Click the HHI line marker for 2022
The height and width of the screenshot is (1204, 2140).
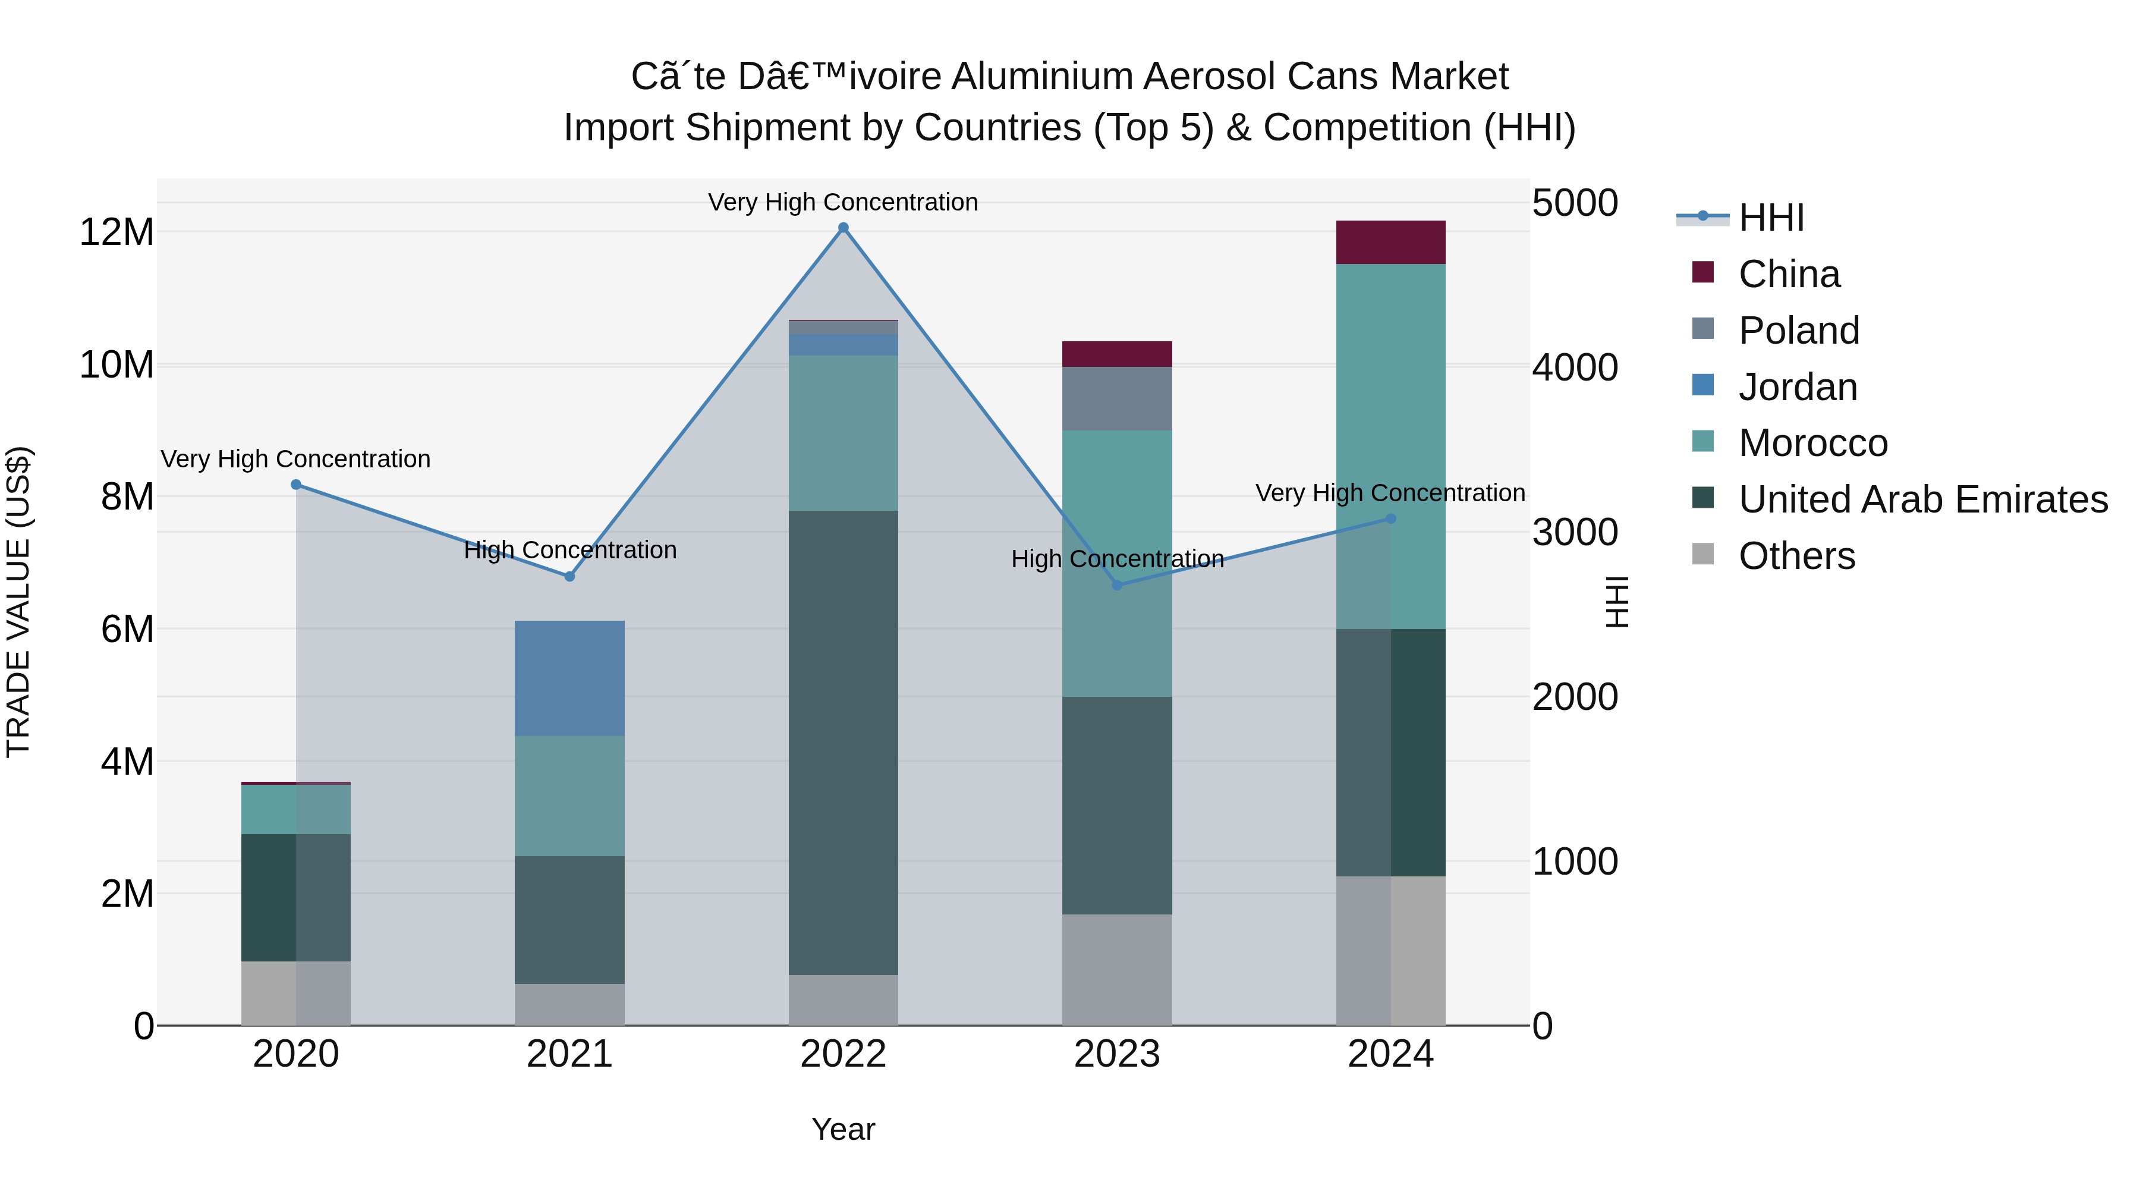[x=843, y=228]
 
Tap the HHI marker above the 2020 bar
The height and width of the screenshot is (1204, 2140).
[x=296, y=485]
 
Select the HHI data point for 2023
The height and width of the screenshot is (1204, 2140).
[x=1116, y=585]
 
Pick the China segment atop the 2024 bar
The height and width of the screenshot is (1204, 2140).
[x=1390, y=243]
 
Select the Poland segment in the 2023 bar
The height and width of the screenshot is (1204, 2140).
[x=1116, y=399]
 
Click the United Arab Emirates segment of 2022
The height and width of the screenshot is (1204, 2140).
[x=843, y=742]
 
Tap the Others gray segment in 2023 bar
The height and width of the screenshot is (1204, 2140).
[x=1116, y=970]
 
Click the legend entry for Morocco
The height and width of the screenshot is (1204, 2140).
[x=1812, y=444]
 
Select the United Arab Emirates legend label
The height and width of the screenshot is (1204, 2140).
[x=1922, y=500]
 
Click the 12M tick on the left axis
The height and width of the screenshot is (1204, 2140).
[x=117, y=232]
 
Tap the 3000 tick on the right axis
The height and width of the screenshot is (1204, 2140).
[x=1574, y=533]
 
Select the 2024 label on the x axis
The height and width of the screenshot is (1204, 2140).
[x=1390, y=1054]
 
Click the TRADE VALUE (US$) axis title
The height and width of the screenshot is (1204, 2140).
[x=19, y=602]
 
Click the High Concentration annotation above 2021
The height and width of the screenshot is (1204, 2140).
[x=570, y=550]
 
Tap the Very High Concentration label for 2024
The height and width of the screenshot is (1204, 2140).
[x=1390, y=493]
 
